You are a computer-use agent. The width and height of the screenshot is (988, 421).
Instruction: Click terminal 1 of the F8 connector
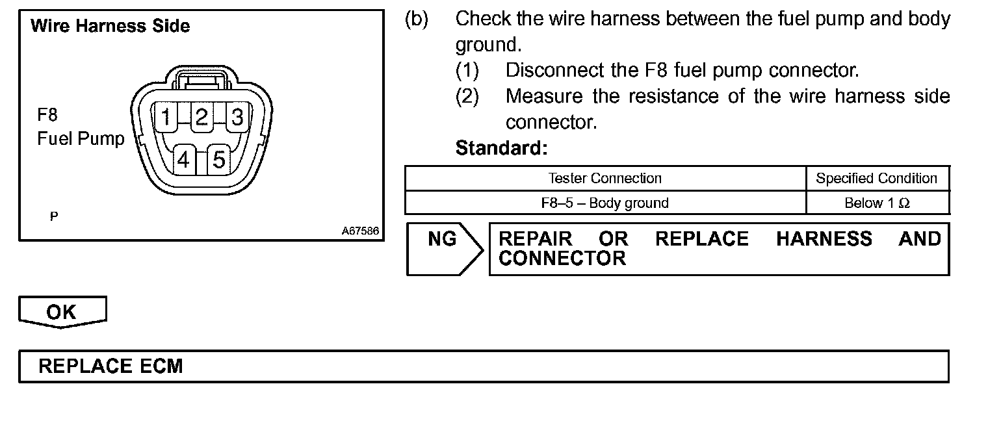click(x=167, y=118)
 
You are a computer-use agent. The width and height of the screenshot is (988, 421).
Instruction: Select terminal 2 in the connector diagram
click(x=201, y=118)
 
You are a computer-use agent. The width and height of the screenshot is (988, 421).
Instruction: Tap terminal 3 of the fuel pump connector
click(x=237, y=118)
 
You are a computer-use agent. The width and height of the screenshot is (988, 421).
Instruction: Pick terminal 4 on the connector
click(x=185, y=159)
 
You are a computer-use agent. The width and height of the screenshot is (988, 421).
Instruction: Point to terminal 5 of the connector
click(x=219, y=159)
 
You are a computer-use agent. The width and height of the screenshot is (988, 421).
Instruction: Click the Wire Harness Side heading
click(x=110, y=27)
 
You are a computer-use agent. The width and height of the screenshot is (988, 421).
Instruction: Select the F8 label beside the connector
click(x=47, y=116)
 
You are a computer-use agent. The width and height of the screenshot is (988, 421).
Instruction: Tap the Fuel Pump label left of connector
click(x=81, y=139)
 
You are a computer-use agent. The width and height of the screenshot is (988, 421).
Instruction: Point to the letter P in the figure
click(x=53, y=216)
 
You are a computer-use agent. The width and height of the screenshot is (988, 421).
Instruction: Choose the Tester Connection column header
click(x=604, y=179)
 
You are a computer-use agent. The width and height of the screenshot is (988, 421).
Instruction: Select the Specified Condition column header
click(x=877, y=179)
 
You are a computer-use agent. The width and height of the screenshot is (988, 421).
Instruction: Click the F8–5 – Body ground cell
click(x=604, y=203)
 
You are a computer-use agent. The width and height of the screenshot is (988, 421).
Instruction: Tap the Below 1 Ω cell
click(x=877, y=203)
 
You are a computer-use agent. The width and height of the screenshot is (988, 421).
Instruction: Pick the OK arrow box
click(x=62, y=312)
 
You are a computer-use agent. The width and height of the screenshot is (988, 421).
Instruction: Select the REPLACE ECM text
click(x=110, y=366)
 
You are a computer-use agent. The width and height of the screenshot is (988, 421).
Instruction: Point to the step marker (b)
click(x=417, y=19)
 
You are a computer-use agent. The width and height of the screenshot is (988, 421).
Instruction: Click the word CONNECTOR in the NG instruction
click(x=562, y=259)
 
